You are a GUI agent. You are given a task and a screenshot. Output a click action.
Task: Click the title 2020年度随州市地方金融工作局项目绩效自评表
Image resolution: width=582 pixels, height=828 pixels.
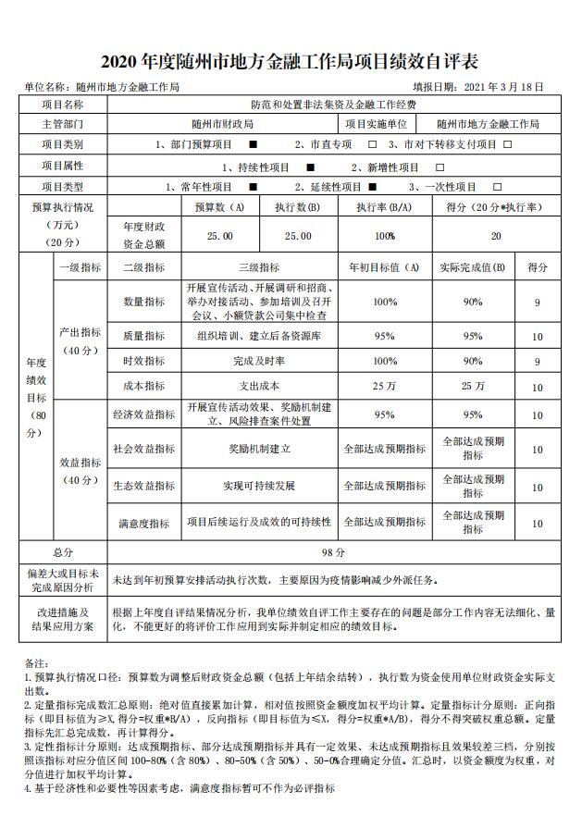[291, 62]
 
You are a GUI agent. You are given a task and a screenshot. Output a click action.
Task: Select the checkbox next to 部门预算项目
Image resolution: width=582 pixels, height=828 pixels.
[253, 145]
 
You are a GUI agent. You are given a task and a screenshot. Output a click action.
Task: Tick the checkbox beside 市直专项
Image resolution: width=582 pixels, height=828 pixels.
[373, 145]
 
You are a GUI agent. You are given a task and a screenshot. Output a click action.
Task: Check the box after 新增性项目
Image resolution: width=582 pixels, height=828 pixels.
[440, 167]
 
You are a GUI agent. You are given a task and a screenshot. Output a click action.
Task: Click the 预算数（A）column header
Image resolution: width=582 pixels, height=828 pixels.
[219, 208]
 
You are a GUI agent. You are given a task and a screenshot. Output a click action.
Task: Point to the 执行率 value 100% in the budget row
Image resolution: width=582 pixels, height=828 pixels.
[385, 236]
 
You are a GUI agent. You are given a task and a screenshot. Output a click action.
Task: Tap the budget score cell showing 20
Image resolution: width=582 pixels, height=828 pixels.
[496, 236]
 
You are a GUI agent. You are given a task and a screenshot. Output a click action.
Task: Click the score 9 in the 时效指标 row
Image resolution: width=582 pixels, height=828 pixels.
[537, 361]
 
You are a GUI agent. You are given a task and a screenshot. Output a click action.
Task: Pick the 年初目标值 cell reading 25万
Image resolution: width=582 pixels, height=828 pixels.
[385, 386]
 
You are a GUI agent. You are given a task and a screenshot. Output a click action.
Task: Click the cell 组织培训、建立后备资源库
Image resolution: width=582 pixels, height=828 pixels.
[259, 336]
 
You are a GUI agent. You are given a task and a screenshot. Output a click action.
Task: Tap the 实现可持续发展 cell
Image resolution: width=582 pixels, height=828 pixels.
[259, 485]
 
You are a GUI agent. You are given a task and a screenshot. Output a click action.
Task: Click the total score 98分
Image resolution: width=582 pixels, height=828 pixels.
[333, 552]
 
